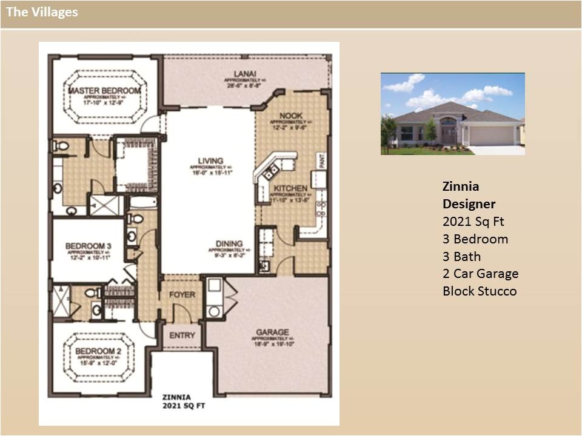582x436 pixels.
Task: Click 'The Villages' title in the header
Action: (42, 12)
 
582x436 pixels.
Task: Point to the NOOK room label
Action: (290, 115)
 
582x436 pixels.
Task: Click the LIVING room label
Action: (210, 161)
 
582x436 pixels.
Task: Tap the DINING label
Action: (229, 244)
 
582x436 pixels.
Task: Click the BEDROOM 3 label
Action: (89, 245)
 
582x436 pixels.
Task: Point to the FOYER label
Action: (182, 294)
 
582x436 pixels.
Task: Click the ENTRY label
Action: (182, 335)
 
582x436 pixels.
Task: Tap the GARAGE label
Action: (272, 332)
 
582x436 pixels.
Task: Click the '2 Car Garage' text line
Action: (480, 273)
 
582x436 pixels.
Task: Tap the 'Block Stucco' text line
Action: (480, 291)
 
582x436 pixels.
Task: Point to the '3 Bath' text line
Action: (461, 256)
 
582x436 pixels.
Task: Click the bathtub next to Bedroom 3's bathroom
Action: (143, 202)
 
